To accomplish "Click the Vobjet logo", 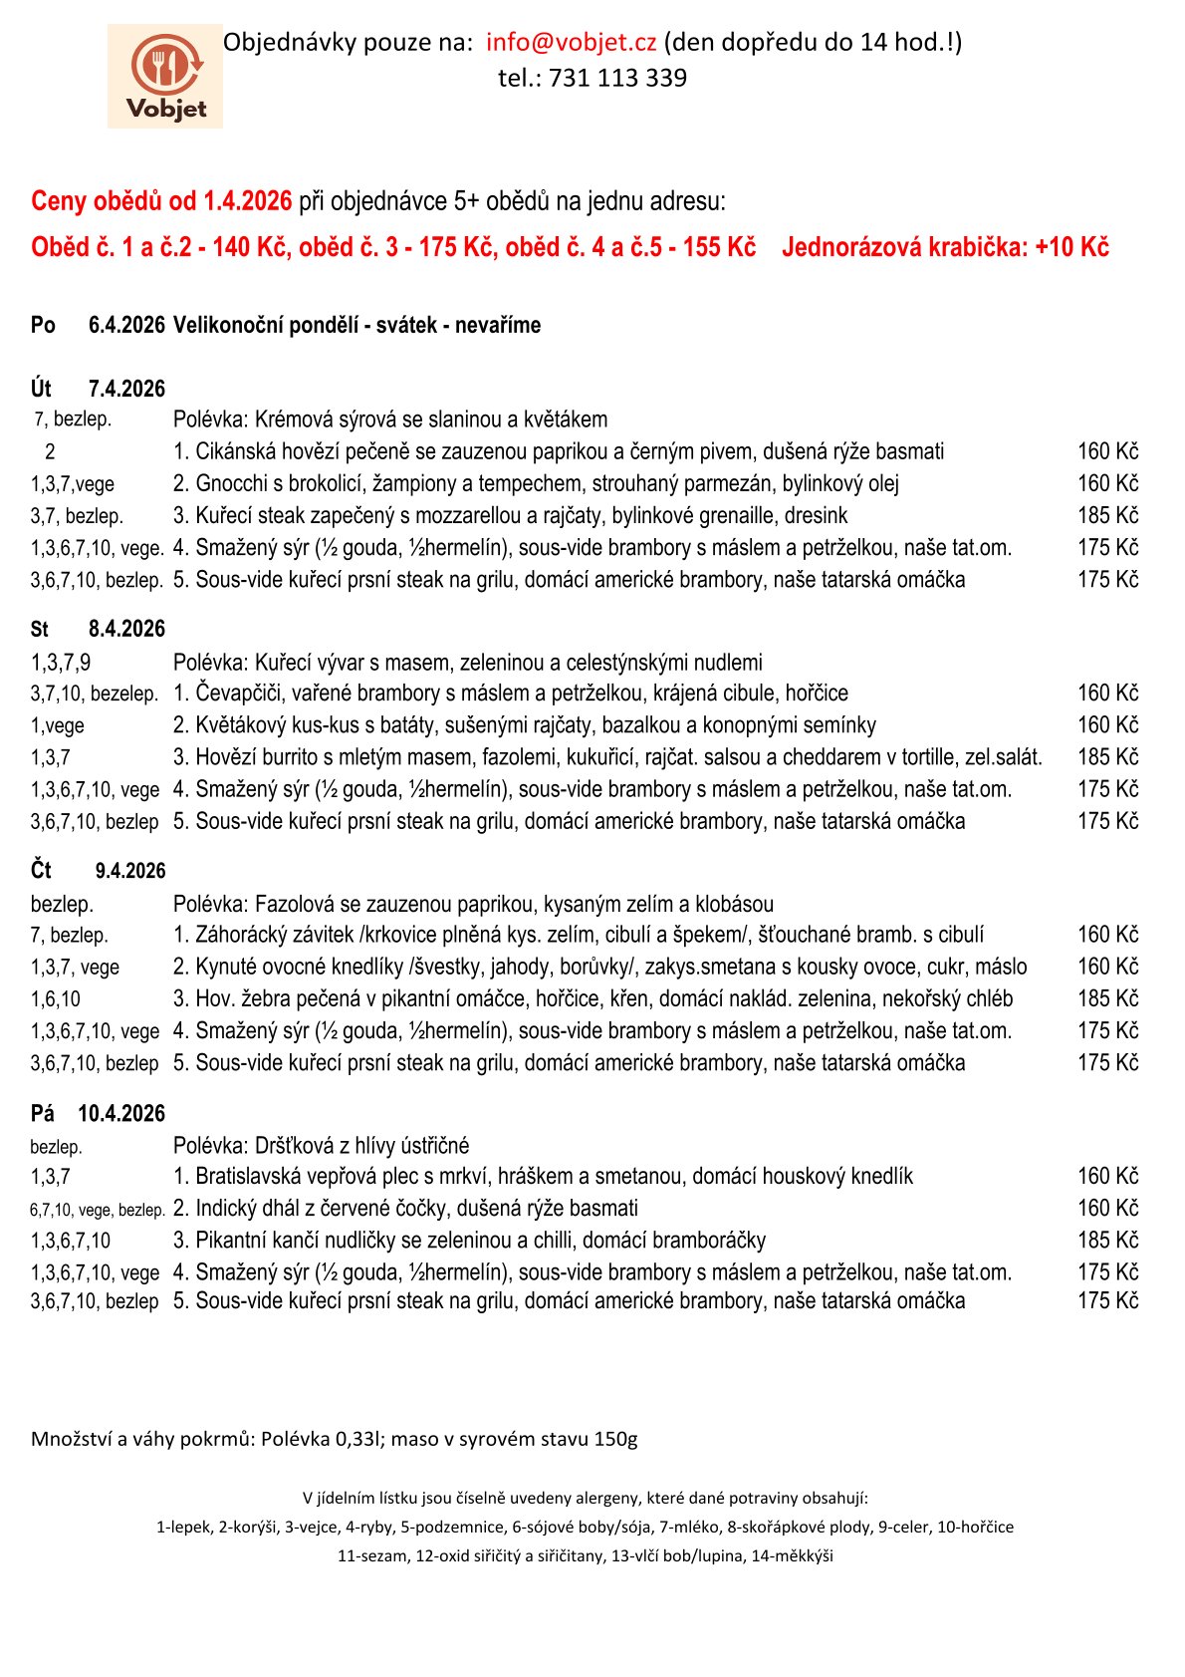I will [x=165, y=77].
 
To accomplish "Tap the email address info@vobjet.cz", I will [x=571, y=42].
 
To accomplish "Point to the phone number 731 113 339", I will [x=617, y=78].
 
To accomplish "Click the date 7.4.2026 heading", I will [x=126, y=389].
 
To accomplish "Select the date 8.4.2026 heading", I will [x=126, y=629].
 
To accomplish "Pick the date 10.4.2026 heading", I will [x=121, y=1113].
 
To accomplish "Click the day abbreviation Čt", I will [x=41, y=870].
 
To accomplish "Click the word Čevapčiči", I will [x=239, y=693].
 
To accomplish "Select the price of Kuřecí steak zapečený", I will [x=1107, y=515].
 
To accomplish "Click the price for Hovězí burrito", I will [x=1107, y=756].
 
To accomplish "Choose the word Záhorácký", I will [x=242, y=935].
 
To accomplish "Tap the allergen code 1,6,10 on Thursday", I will [x=56, y=998].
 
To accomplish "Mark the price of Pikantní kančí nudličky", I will [x=1107, y=1240].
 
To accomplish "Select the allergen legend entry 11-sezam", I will [x=372, y=1555].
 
